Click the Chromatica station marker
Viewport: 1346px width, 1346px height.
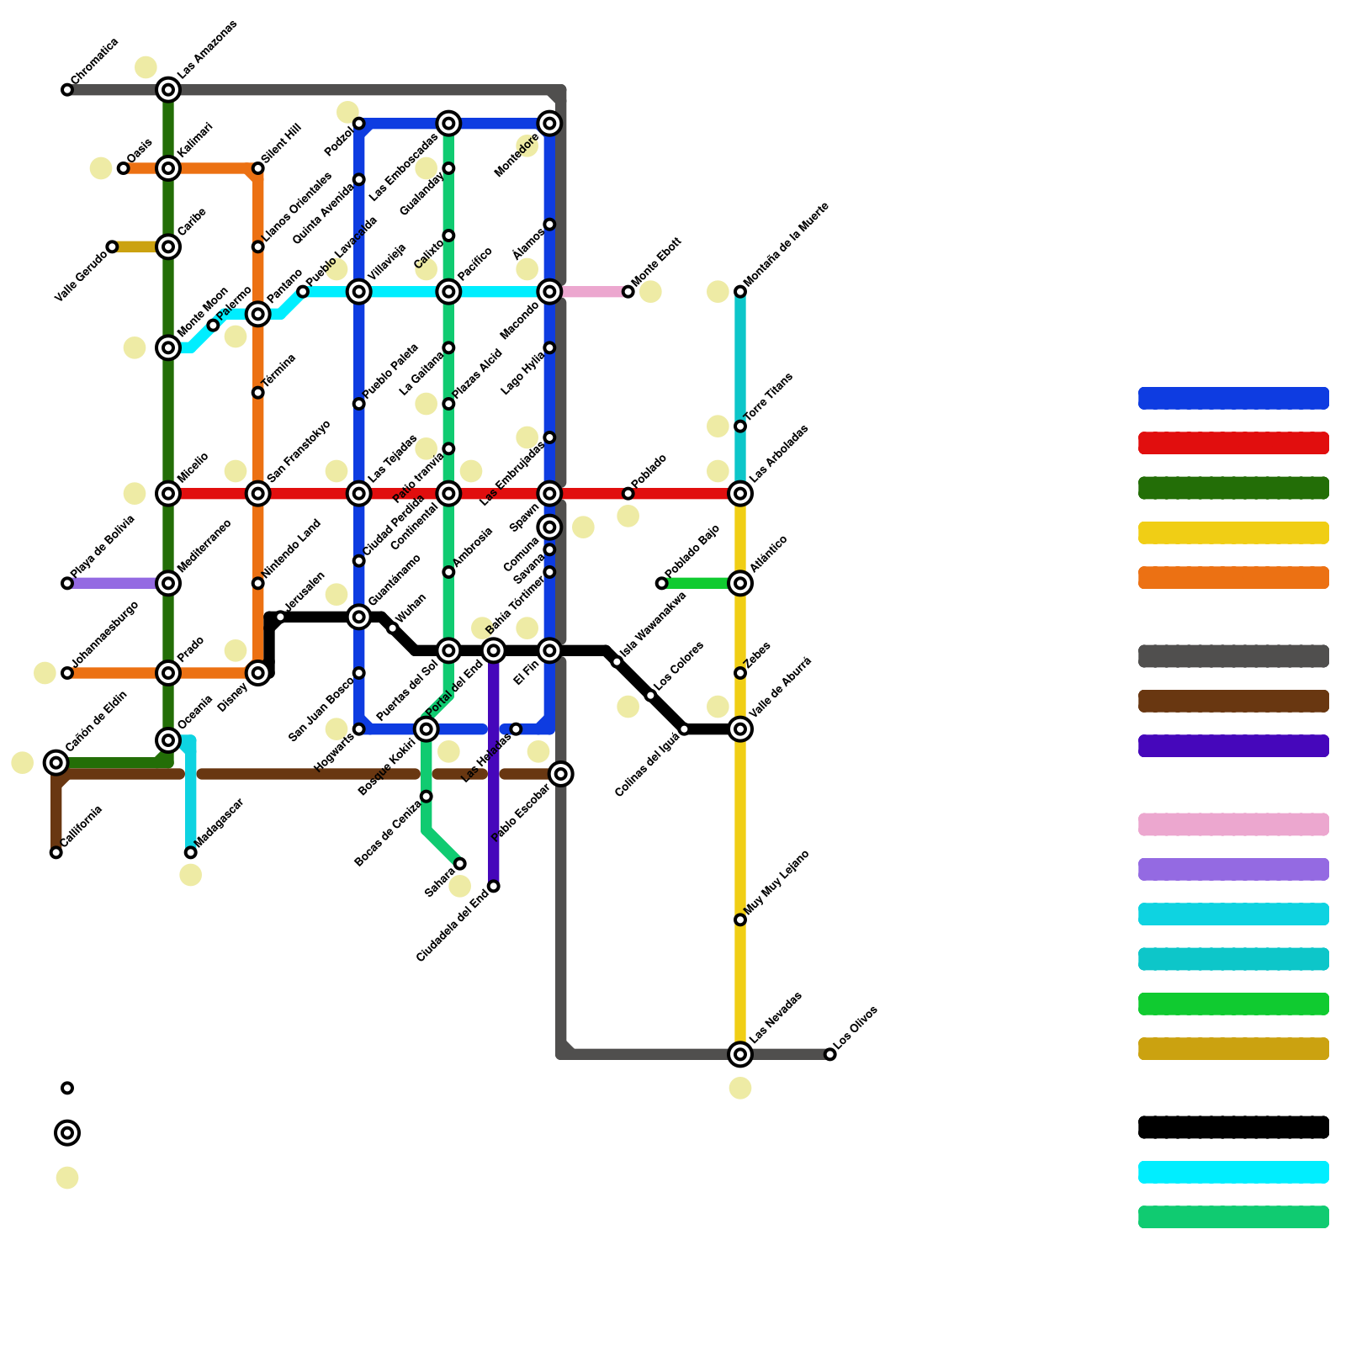(x=67, y=90)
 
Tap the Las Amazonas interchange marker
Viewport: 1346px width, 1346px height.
(x=168, y=90)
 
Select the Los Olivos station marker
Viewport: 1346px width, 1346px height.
(x=830, y=1054)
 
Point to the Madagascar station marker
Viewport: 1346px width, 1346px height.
(x=191, y=852)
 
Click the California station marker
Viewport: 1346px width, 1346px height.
(x=56, y=852)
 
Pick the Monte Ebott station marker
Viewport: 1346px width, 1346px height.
(x=628, y=292)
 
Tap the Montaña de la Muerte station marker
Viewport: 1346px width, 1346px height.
(x=740, y=292)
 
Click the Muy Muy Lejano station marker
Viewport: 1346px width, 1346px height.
(x=740, y=919)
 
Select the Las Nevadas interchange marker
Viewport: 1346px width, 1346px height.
(x=740, y=1054)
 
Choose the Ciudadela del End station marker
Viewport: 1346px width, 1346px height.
(x=494, y=886)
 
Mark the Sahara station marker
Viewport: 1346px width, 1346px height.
(x=460, y=864)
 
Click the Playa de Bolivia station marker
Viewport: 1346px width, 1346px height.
(x=67, y=583)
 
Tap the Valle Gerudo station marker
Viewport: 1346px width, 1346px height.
(x=112, y=246)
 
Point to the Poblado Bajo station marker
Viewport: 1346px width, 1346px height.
(x=662, y=583)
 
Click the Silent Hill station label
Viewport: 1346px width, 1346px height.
(x=281, y=144)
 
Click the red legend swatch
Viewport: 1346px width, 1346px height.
(x=1233, y=443)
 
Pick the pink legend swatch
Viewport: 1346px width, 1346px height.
(x=1233, y=824)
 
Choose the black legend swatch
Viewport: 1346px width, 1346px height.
(x=1233, y=1127)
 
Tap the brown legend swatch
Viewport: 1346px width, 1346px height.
(x=1233, y=701)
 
